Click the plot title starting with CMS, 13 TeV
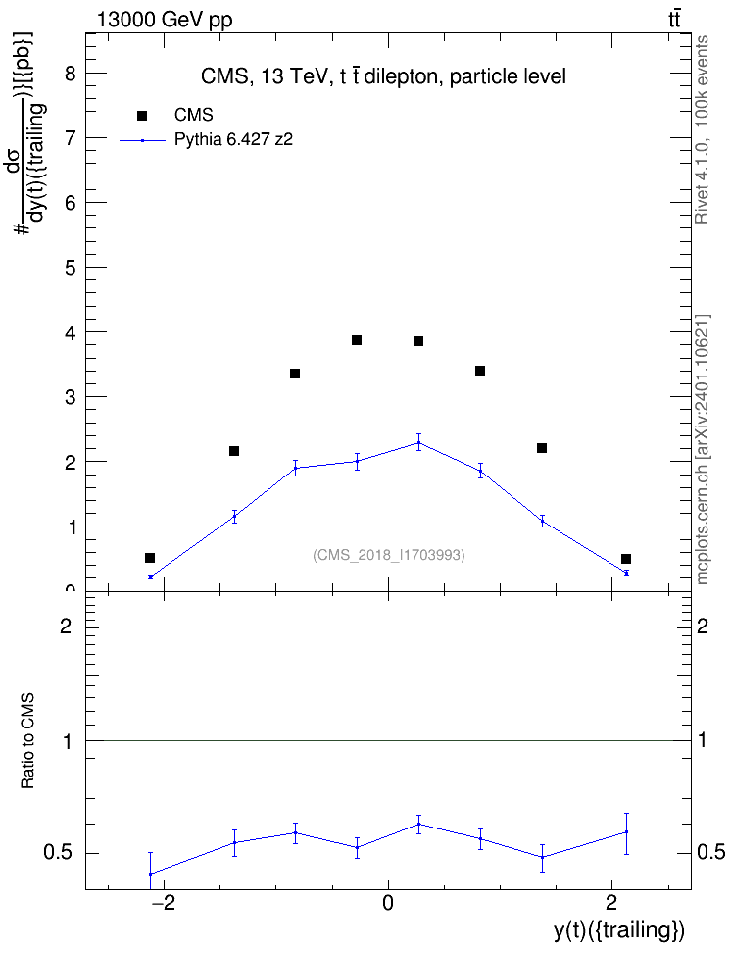coord(383,76)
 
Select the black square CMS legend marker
coord(142,116)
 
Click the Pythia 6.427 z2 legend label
coord(233,140)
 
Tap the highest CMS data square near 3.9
coord(357,340)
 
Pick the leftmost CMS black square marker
coord(150,558)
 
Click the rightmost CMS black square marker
coord(626,559)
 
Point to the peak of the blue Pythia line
coord(418,442)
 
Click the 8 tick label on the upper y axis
coord(71,74)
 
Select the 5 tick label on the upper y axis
coord(71,268)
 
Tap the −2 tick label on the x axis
coord(162,903)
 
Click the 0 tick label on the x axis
coord(388,903)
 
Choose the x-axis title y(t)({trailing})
coord(619,929)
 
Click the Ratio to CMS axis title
coord(27,741)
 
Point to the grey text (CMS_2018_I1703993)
coord(389,555)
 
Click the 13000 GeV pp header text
coord(165,20)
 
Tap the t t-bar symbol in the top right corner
coord(674,20)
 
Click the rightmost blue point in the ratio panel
coord(626,832)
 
